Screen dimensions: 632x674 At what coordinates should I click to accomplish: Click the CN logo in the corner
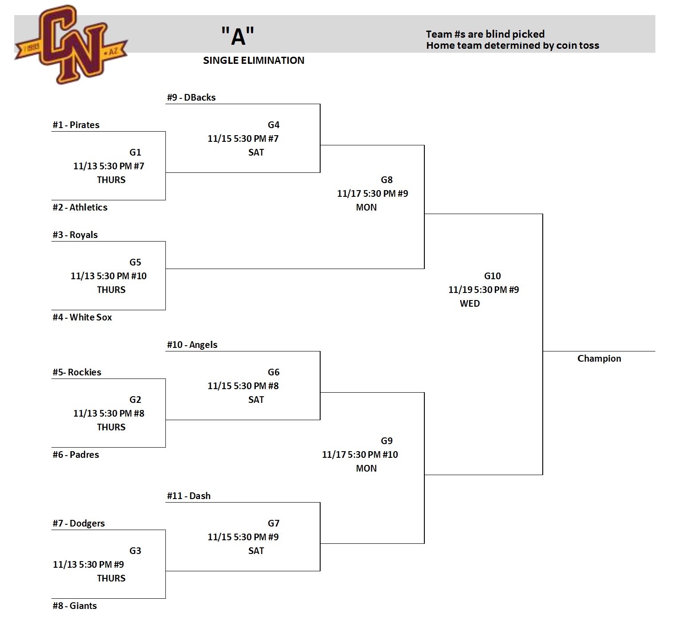click(71, 44)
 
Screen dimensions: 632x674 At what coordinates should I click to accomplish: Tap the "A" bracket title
click(238, 36)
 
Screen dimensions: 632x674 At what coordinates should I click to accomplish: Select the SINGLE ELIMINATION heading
click(254, 61)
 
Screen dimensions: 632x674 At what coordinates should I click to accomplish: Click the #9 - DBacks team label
click(191, 98)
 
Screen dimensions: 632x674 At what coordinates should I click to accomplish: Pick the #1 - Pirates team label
click(76, 125)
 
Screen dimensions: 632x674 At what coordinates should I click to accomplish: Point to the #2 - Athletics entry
click(80, 207)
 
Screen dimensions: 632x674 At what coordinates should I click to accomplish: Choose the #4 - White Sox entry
click(82, 317)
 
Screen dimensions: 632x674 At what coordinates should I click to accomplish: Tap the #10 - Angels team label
click(192, 345)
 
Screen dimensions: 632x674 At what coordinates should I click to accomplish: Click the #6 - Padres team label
click(76, 455)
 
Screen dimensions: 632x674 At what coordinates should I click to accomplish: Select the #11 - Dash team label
click(188, 496)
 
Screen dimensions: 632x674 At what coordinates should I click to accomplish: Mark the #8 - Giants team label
click(74, 606)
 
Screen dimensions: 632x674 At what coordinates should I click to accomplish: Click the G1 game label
click(135, 152)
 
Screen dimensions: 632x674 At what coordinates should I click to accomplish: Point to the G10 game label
click(492, 276)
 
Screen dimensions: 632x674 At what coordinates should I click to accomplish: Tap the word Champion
click(599, 359)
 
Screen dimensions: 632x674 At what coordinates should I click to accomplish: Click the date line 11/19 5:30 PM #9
click(483, 290)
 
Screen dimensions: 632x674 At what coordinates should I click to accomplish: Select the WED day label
click(470, 304)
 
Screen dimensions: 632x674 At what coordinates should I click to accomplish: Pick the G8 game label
click(387, 180)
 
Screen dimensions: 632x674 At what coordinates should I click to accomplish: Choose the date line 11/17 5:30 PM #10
click(360, 455)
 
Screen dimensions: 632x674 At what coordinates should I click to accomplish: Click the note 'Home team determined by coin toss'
click(512, 46)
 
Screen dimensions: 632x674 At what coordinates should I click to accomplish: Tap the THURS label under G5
click(111, 290)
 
